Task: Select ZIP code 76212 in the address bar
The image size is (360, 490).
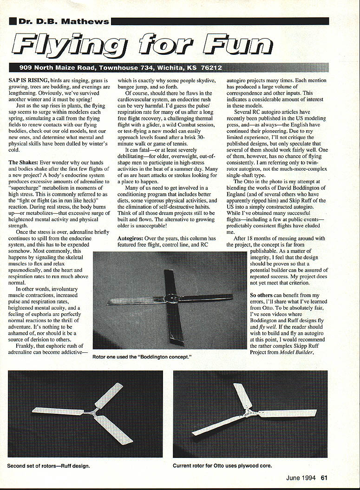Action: click(211, 68)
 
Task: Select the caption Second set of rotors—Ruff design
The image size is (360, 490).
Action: click(49, 465)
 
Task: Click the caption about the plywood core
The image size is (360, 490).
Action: click(223, 465)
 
